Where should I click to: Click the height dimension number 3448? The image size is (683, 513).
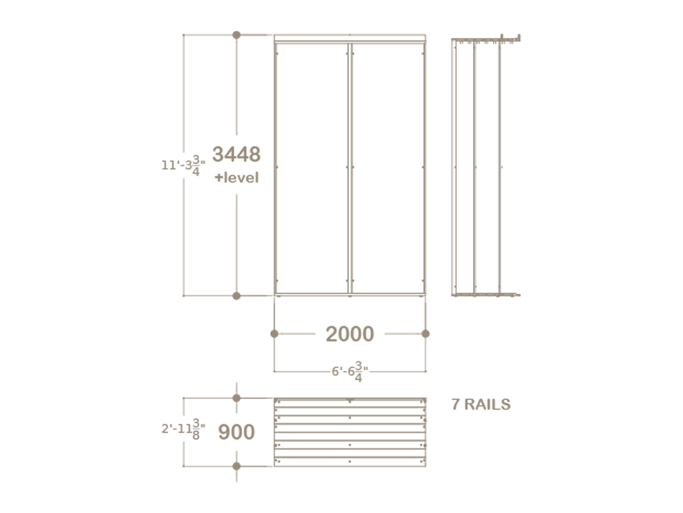coord(236,154)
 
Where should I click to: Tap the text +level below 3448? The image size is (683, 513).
coord(236,177)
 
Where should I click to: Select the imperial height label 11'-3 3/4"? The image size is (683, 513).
coord(184,165)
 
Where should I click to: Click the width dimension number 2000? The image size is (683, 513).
coord(350,334)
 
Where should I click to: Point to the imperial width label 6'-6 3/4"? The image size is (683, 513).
coord(350,371)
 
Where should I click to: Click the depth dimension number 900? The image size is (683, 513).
coord(236,432)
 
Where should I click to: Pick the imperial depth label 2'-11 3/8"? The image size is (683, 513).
coord(184,429)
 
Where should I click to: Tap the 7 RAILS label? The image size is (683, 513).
coord(481,404)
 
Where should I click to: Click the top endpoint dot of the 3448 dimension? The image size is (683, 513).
coord(236,35)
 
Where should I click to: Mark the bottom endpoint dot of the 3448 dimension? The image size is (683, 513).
coord(236,296)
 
